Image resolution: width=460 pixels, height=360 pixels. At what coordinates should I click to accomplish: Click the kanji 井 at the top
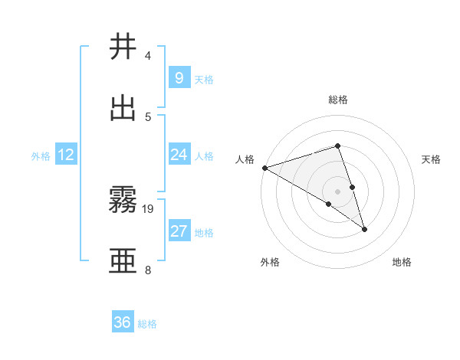tap(123, 47)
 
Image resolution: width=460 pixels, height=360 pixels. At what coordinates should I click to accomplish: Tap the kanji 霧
tap(123, 200)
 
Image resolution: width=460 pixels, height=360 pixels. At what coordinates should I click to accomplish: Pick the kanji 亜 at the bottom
tap(123, 261)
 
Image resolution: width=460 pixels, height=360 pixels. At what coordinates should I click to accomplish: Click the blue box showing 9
tap(179, 77)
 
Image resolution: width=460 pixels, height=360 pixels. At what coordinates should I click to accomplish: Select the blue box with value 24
tap(179, 155)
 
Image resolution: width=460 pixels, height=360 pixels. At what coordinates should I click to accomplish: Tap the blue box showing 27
tap(179, 231)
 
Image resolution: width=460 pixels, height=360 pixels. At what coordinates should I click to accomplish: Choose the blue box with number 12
tap(66, 155)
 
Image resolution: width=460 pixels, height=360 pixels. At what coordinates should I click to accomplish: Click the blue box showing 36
tap(123, 322)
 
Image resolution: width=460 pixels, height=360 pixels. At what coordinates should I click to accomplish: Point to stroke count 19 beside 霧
tap(149, 208)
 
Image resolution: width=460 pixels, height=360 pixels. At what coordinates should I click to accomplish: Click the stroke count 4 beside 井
tap(148, 55)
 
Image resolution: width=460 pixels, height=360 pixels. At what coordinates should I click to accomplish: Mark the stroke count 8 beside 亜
tap(148, 270)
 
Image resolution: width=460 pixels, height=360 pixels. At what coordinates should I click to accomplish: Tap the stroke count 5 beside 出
tap(148, 116)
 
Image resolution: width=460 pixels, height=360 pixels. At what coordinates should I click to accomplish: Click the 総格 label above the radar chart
tap(338, 100)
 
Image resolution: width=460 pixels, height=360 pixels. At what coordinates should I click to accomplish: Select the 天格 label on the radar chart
tap(432, 159)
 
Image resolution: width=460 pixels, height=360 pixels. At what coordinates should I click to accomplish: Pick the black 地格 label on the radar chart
tap(402, 262)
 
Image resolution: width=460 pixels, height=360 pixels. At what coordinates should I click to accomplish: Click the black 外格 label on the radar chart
tap(270, 262)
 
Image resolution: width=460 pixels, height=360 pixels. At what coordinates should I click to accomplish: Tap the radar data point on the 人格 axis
tap(264, 168)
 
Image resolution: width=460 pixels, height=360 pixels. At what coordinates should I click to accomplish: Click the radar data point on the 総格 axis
tap(337, 146)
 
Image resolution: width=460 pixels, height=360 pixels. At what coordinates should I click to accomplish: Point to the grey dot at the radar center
tap(337, 191)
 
